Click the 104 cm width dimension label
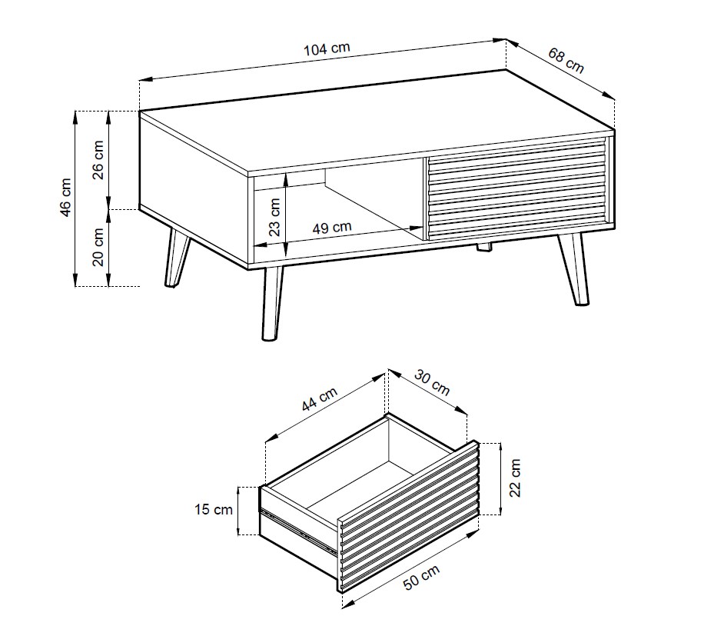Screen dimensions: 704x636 tap(327, 48)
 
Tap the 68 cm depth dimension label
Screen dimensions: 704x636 tap(566, 60)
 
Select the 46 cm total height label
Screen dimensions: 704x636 tap(65, 198)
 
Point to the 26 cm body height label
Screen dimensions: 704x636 tap(98, 160)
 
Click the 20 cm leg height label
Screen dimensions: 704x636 tap(98, 247)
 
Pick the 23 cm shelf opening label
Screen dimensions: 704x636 tap(275, 218)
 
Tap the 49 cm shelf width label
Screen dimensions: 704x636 tap(332, 228)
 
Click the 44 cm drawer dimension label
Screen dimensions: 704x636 tap(319, 399)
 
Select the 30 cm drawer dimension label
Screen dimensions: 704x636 tap(431, 382)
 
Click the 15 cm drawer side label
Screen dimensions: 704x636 tap(214, 509)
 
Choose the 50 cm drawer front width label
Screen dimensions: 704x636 tap(422, 577)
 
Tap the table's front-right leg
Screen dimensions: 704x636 tap(573, 269)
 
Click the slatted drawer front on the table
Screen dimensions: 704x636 tap(516, 188)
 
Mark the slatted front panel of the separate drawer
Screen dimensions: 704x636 tap(409, 517)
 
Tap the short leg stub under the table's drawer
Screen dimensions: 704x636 tap(483, 248)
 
